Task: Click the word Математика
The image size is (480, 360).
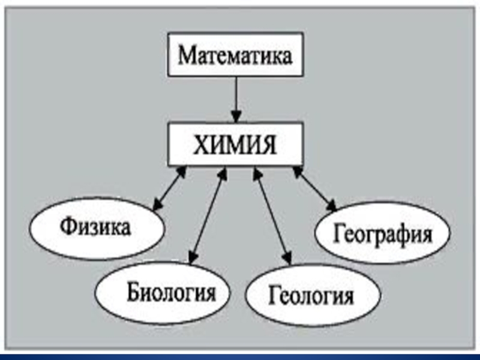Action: [236, 57]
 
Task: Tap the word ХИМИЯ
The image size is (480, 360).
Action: [236, 145]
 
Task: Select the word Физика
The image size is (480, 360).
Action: [95, 229]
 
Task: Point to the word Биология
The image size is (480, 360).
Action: [170, 293]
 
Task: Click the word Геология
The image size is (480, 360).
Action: [311, 296]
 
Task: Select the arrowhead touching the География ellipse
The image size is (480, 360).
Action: [332, 206]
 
